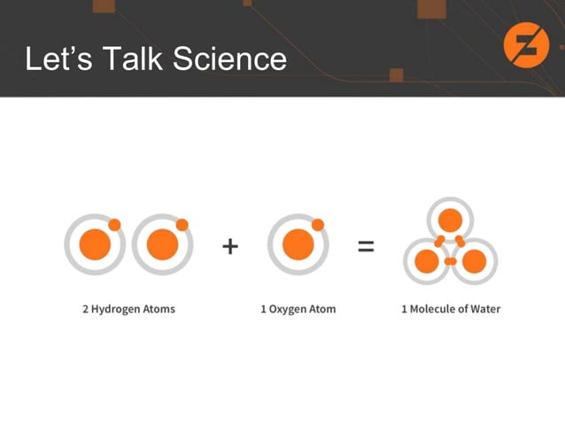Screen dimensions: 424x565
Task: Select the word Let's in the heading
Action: coord(58,59)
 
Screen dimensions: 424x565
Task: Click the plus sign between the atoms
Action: coord(230,246)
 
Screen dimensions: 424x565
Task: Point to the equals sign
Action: coord(365,246)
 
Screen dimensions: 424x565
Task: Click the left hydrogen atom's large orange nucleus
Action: coord(95,244)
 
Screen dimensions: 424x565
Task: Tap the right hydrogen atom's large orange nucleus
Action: coord(162,244)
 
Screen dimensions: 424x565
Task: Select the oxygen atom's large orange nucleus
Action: coord(298,244)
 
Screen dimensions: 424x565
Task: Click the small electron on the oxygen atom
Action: coord(318,225)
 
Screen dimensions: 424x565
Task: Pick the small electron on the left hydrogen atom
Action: coord(115,224)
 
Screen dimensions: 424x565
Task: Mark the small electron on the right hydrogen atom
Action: coord(182,224)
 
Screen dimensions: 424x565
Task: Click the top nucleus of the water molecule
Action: coord(451,220)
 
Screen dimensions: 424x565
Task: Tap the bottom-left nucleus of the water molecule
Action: coord(427,261)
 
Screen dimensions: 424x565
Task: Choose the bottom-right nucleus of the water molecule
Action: coord(474,261)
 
